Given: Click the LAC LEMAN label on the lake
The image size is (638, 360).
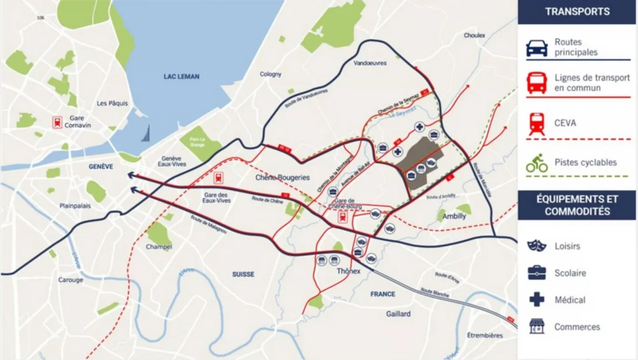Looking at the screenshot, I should pyautogui.click(x=182, y=77).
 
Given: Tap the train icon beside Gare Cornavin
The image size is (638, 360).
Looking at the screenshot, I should pyautogui.click(x=57, y=122).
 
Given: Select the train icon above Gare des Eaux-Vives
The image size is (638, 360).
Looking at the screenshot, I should pyautogui.click(x=218, y=178).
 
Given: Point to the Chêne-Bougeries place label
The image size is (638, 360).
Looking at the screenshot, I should pyautogui.click(x=283, y=178).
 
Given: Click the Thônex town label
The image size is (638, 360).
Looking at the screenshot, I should pyautogui.click(x=348, y=271).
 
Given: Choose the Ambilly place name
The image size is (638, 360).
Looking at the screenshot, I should pyautogui.click(x=454, y=217).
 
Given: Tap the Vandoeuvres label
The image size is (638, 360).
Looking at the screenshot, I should pyautogui.click(x=370, y=63).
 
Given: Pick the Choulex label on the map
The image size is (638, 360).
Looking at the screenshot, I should pyautogui.click(x=475, y=35).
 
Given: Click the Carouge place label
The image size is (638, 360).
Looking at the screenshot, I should pyautogui.click(x=70, y=280).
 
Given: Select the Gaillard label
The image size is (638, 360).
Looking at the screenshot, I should pyautogui.click(x=398, y=314).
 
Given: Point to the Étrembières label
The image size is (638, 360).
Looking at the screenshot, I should pyautogui.click(x=485, y=335).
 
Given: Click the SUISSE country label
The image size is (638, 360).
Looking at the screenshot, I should pyautogui.click(x=243, y=275).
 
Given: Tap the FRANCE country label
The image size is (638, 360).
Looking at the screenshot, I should pyautogui.click(x=383, y=294).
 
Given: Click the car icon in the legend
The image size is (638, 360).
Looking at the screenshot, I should pyautogui.click(x=537, y=47).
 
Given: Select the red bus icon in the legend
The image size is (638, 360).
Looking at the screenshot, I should pyautogui.click(x=537, y=83).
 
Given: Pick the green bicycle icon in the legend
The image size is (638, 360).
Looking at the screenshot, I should pyautogui.click(x=537, y=163).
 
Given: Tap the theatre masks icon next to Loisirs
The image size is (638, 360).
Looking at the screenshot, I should pyautogui.click(x=537, y=246).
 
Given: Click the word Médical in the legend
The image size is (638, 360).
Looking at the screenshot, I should pyautogui.click(x=570, y=300).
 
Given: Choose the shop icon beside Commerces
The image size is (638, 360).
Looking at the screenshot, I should pyautogui.click(x=537, y=327).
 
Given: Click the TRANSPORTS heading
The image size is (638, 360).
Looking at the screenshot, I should pyautogui.click(x=577, y=12).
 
